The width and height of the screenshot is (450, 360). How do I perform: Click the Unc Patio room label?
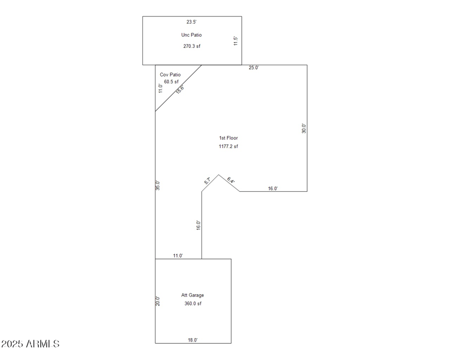(191, 35)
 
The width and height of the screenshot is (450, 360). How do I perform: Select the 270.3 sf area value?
(191, 46)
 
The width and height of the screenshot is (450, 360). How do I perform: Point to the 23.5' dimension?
(192, 22)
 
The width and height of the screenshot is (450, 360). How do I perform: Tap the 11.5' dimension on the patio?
(236, 42)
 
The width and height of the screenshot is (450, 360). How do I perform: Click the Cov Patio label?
(170, 74)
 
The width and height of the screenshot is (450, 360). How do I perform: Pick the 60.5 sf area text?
(171, 82)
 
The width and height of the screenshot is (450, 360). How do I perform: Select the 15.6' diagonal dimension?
(180, 89)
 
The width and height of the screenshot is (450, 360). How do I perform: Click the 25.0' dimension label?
(254, 68)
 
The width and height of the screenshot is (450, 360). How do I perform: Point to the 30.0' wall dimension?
(304, 128)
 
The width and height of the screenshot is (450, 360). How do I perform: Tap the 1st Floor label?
(228, 138)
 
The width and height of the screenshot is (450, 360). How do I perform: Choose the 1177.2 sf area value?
(228, 146)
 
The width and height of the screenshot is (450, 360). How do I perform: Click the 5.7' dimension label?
(208, 181)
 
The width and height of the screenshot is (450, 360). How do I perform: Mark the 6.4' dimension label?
(231, 181)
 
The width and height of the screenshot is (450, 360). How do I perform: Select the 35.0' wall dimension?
(158, 185)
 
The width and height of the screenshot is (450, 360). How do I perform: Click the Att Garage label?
(192, 295)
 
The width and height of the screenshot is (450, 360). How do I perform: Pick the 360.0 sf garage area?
(192, 304)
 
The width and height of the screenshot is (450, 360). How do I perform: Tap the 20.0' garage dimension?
(158, 301)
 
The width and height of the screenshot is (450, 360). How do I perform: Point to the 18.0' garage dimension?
(192, 340)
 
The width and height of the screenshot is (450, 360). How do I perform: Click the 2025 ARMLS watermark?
(30, 343)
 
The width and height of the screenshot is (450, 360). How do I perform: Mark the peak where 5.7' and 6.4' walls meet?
(219, 174)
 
